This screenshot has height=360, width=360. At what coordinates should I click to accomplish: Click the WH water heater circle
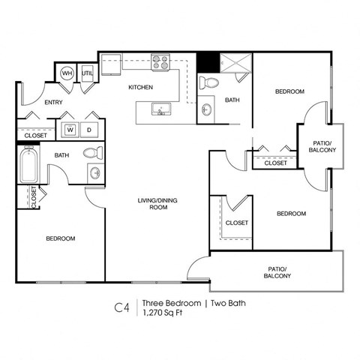66,73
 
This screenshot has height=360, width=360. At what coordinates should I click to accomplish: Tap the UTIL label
87,73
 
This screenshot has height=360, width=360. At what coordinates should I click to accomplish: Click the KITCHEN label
140,88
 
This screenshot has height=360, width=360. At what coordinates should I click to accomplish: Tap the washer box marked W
70,129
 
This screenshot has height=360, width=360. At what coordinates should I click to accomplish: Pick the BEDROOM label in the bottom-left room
61,238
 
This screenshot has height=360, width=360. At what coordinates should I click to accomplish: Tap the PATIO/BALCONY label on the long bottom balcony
277,272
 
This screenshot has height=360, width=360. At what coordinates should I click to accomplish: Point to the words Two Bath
227,303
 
